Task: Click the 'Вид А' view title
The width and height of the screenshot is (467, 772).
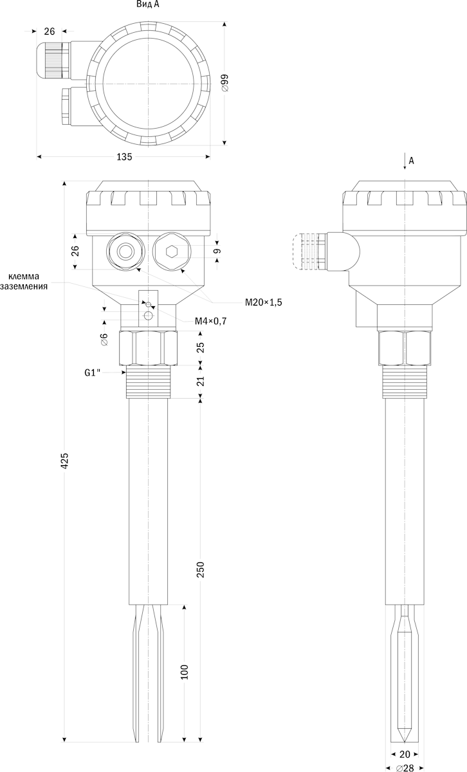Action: pyautogui.click(x=148, y=5)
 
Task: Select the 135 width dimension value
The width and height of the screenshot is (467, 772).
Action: pyautogui.click(x=124, y=157)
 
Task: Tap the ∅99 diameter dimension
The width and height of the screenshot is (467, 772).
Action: pyautogui.click(x=224, y=83)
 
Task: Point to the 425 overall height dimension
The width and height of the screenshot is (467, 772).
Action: pyautogui.click(x=65, y=460)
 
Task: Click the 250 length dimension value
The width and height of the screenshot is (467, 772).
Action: pyautogui.click(x=201, y=569)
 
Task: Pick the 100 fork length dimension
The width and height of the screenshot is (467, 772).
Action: pyautogui.click(x=185, y=672)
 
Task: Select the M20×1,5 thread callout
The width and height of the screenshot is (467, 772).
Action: pyautogui.click(x=263, y=302)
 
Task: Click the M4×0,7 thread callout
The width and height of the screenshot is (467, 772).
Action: pyautogui.click(x=211, y=321)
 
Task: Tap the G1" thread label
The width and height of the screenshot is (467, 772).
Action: pyautogui.click(x=93, y=372)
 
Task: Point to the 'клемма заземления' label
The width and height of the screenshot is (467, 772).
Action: pyautogui.click(x=24, y=281)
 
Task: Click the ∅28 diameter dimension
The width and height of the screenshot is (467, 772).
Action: pyautogui.click(x=405, y=768)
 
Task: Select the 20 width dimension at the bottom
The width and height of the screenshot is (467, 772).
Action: pyautogui.click(x=405, y=754)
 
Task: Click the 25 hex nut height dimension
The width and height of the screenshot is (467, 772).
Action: pyautogui.click(x=201, y=347)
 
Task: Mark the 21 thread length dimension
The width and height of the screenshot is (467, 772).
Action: pyautogui.click(x=201, y=381)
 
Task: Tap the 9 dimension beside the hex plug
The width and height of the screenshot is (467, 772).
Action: pyautogui.click(x=217, y=251)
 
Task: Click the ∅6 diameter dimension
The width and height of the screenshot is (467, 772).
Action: pyautogui.click(x=105, y=339)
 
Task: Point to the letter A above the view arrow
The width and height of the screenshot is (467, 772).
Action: pyautogui.click(x=411, y=161)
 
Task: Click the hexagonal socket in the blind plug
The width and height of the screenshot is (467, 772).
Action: pyautogui.click(x=171, y=252)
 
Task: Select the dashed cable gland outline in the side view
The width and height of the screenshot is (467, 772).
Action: pyautogui.click(x=305, y=252)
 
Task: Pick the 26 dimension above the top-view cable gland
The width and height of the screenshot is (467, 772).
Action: pyautogui.click(x=50, y=32)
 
